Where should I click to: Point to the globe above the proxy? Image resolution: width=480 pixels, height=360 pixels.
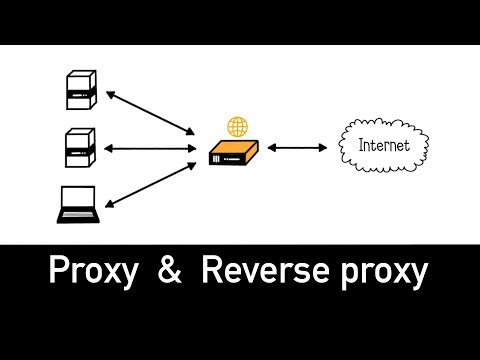(237, 127)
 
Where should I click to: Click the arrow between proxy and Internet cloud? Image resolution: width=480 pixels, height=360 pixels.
(297, 149)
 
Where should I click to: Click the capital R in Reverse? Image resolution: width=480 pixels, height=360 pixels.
(211, 271)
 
